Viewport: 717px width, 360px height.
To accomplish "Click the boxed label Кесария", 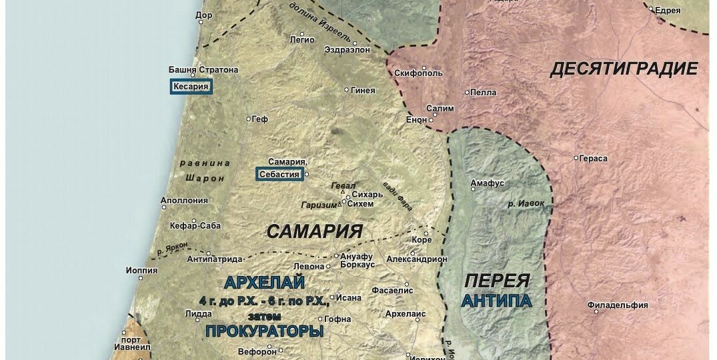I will point(191,87).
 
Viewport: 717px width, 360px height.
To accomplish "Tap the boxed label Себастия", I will point(279,174).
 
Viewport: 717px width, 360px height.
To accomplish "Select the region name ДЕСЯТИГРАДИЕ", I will point(624,69).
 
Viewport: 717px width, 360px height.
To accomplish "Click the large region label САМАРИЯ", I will point(314,231).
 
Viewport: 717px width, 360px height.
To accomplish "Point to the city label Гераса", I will point(594,158).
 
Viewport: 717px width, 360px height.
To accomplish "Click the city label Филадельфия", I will point(618,305).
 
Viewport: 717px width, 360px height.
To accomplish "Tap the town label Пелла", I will point(484,93).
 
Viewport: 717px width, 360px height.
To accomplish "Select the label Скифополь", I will point(418,73).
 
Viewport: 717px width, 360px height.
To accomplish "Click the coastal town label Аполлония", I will point(182,199).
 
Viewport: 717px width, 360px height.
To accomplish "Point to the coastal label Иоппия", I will point(141,271).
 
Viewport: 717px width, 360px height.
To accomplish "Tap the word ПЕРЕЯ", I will point(497,281).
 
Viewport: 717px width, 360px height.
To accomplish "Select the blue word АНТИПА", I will point(497,301).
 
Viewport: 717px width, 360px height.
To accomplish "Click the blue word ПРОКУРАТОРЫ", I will point(264,331).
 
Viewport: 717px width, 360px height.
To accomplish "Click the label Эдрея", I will point(668,10).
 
